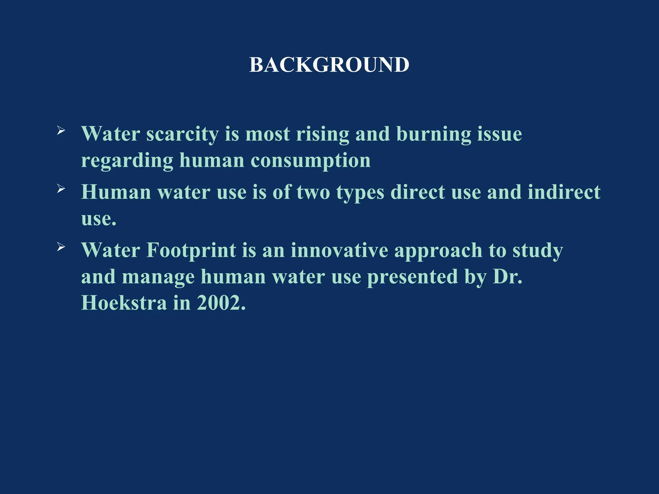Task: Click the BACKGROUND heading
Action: point(329,65)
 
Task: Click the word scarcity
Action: point(182,134)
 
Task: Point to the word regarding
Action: point(127,161)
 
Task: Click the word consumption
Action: point(311,161)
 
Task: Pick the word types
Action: point(360,193)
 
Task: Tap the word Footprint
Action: point(191,251)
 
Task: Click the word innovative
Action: point(339,251)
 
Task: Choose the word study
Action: point(538,251)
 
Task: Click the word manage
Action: point(158,277)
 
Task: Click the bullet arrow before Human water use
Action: point(61,189)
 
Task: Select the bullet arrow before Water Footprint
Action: point(61,247)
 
